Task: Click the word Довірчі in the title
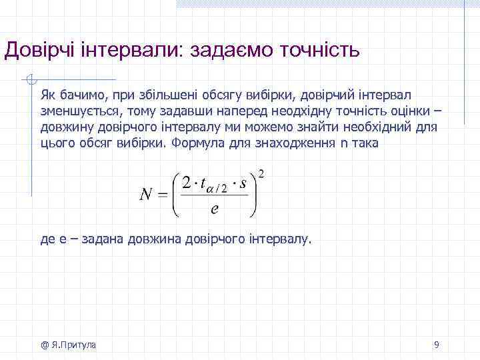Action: click(41, 51)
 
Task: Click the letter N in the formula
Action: click(147, 194)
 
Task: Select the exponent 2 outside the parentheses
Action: click(261, 174)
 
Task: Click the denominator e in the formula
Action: click(214, 209)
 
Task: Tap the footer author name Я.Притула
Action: click(73, 345)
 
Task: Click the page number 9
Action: click(436, 345)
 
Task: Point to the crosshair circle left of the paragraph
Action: click(30, 81)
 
